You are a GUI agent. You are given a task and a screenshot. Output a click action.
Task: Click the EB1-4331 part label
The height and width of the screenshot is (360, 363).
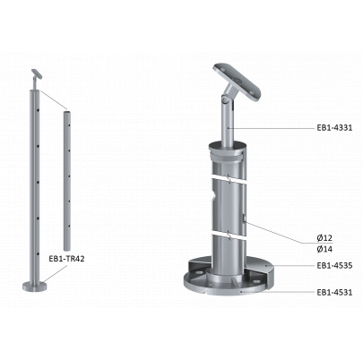pyautogui.click(x=334, y=128)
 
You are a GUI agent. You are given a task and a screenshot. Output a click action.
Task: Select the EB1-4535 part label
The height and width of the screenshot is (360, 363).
pyautogui.click(x=334, y=265)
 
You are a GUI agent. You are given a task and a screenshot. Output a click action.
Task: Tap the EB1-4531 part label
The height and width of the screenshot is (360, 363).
pyautogui.click(x=334, y=292)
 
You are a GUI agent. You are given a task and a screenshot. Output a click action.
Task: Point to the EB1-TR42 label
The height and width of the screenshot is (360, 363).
pyautogui.click(x=66, y=259)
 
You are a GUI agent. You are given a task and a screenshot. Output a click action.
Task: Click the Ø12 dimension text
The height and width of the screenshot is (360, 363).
pyautogui.click(x=324, y=238)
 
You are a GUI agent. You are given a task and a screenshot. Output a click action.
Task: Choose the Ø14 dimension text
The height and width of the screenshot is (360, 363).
pyautogui.click(x=324, y=249)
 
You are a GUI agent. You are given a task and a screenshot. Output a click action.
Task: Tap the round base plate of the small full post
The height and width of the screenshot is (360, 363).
pyautogui.click(x=35, y=287)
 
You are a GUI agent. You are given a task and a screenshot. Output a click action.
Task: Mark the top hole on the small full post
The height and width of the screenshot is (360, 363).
pyautogui.click(x=39, y=110)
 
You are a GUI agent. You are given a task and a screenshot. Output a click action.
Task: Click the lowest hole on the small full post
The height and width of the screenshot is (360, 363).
pyautogui.click(x=38, y=254)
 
